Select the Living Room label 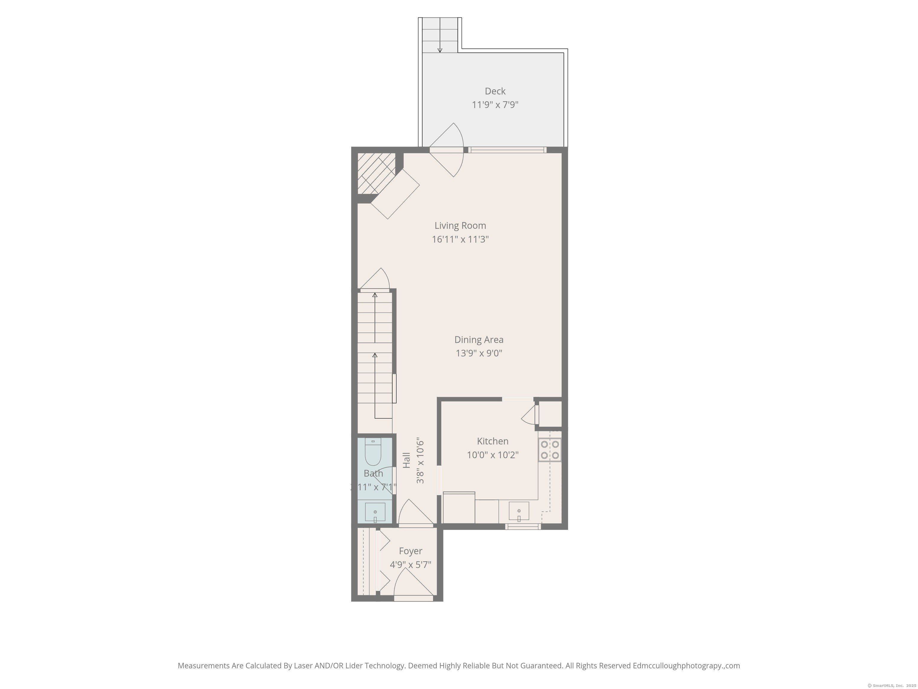tap(460, 225)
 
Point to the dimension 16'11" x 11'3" tap(460, 239)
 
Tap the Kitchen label tap(492, 441)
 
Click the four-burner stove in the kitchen tap(550, 450)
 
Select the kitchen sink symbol tap(518, 511)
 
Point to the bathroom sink tap(375, 512)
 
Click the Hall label tap(406, 460)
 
